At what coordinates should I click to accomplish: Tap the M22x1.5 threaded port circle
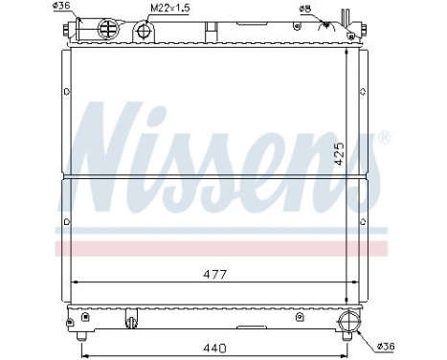[x=145, y=32]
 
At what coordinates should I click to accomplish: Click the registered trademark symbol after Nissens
[x=384, y=138]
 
